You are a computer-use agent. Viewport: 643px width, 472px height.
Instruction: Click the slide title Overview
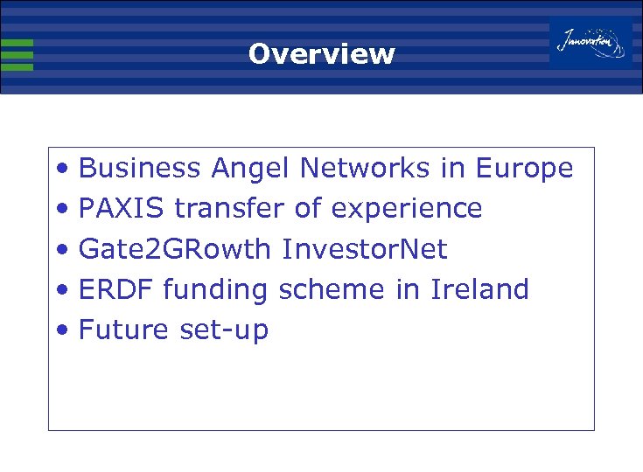click(321, 54)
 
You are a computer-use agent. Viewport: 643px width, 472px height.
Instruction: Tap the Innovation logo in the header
click(591, 42)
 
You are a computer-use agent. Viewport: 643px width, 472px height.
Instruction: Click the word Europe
click(524, 169)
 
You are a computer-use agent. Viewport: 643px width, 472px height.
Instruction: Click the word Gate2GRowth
click(175, 249)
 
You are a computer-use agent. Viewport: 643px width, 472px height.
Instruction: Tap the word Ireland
click(479, 289)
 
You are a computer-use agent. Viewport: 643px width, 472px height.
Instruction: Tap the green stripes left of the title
click(17, 54)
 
